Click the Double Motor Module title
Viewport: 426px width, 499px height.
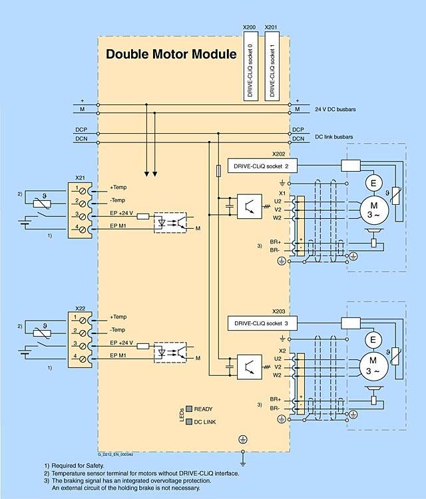click(x=171, y=55)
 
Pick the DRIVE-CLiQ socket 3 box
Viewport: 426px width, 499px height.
click(x=258, y=323)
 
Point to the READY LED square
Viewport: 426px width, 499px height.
click(x=189, y=409)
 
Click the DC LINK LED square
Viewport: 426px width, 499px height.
click(x=189, y=421)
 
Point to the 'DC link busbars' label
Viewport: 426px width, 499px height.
click(x=333, y=136)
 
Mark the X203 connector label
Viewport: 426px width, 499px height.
click(x=279, y=311)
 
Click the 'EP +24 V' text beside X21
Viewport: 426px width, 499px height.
click(x=122, y=214)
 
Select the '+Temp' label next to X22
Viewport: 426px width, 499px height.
click(x=118, y=316)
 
